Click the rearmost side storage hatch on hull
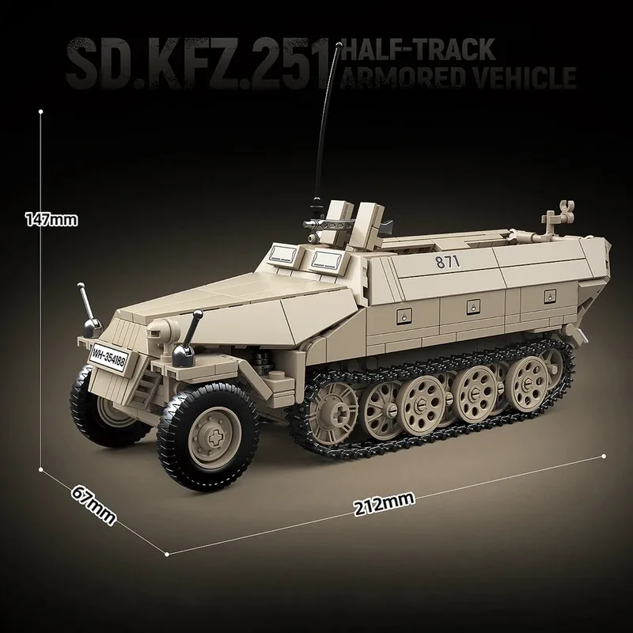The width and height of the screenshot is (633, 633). (548, 295)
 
